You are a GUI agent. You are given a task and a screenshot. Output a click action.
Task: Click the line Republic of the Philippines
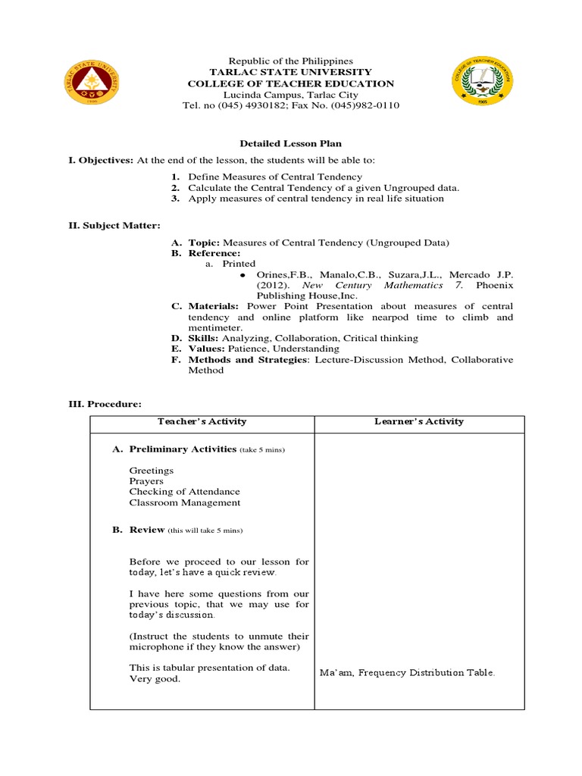click(x=291, y=61)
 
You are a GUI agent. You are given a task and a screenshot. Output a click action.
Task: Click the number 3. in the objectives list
click(x=174, y=199)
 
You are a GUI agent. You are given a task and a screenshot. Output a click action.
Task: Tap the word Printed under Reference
click(x=239, y=264)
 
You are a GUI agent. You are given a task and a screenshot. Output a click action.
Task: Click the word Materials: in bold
click(x=215, y=306)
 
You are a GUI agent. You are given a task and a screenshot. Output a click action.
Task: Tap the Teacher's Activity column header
click(x=202, y=421)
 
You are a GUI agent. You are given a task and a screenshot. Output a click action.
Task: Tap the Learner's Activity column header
click(x=419, y=421)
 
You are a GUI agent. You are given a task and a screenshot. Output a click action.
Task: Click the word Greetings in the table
click(x=151, y=471)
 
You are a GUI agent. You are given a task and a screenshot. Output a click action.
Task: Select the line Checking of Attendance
click(x=184, y=492)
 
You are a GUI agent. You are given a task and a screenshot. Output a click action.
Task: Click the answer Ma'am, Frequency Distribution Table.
click(x=407, y=672)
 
